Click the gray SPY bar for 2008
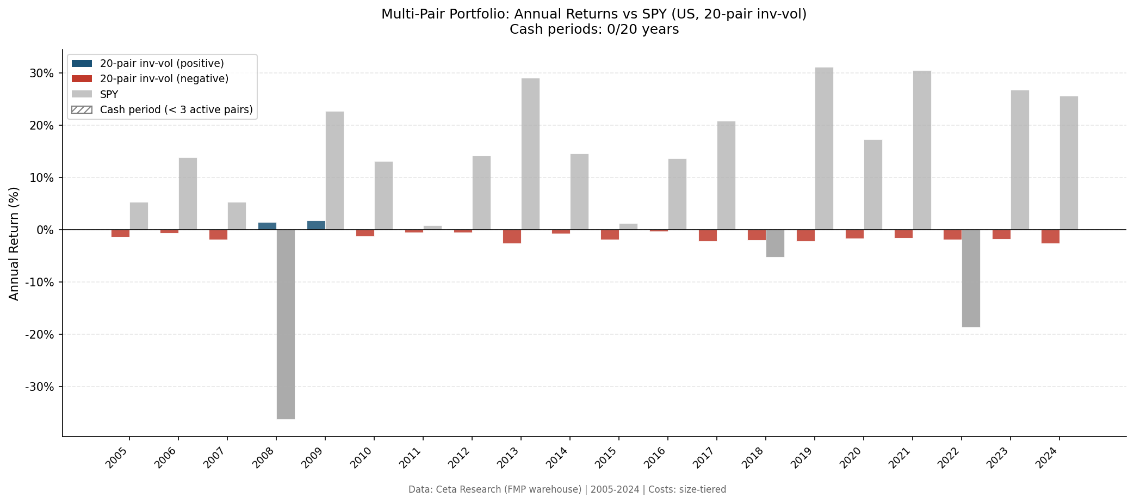[x=286, y=324]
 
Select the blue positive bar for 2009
[x=316, y=225]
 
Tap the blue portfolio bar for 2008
[x=267, y=226]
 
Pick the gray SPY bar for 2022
[x=971, y=278]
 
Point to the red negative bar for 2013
[x=512, y=236]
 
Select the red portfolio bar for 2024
[x=1050, y=236]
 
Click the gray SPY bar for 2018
[x=775, y=243]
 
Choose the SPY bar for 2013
[x=530, y=154]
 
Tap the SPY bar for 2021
[x=922, y=150]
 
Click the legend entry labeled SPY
[x=109, y=94]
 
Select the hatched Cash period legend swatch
[x=82, y=109]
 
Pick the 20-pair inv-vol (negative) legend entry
[x=164, y=78]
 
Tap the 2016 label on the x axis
[x=656, y=458]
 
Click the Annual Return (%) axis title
[x=14, y=243]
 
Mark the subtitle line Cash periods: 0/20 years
[x=594, y=29]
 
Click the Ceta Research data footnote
[x=567, y=489]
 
